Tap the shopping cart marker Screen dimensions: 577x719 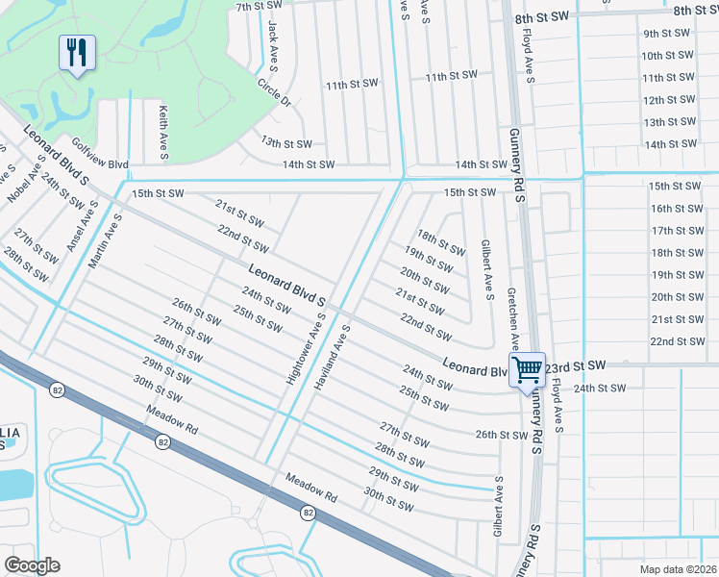coord(527,368)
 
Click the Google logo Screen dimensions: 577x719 coord(32,565)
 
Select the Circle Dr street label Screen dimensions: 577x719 coord(274,92)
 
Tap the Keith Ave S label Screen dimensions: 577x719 coord(164,132)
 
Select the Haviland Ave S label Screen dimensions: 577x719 coord(332,356)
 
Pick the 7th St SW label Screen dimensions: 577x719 coord(257,7)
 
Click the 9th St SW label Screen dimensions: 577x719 coord(668,33)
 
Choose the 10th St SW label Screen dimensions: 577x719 coord(667,56)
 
